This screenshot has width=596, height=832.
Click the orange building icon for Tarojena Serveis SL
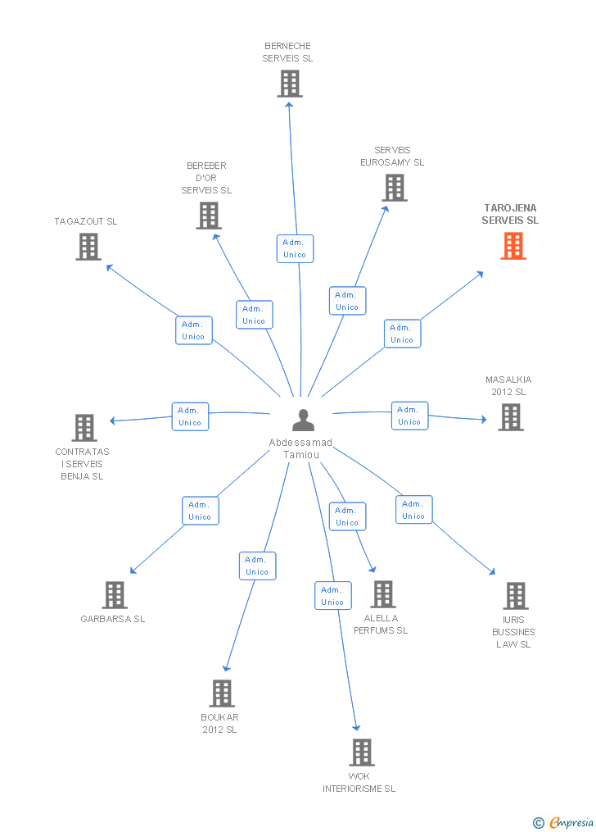pyautogui.click(x=513, y=246)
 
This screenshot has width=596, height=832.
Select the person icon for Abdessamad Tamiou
pyautogui.click(x=303, y=420)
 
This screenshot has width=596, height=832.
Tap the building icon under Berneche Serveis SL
pyautogui.click(x=289, y=84)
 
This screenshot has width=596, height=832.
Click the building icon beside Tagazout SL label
pyautogui.click(x=88, y=247)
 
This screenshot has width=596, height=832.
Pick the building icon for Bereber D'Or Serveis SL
pyautogui.click(x=209, y=216)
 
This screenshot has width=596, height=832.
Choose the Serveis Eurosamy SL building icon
pyautogui.click(x=394, y=188)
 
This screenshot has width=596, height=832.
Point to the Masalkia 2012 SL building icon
pyautogui.click(x=510, y=417)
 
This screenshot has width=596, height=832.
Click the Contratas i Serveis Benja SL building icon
pyautogui.click(x=84, y=428)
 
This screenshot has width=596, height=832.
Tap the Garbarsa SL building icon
pyautogui.click(x=115, y=595)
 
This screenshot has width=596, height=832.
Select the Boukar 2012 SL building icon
pyautogui.click(x=222, y=693)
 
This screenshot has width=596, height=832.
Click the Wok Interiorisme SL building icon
pyautogui.click(x=361, y=752)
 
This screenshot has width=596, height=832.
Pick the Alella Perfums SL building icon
pyautogui.click(x=382, y=594)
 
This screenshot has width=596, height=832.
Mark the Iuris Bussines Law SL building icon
pyautogui.click(x=515, y=596)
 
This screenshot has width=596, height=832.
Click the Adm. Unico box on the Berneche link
pyautogui.click(x=294, y=248)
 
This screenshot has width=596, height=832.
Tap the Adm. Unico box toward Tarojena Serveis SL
pyautogui.click(x=402, y=334)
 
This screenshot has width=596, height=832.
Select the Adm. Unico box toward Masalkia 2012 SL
pyautogui.click(x=409, y=416)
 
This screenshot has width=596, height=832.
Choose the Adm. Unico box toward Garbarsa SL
pyautogui.click(x=200, y=511)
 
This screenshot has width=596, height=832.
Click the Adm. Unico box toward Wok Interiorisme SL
pyautogui.click(x=332, y=596)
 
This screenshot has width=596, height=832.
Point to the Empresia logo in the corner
pyautogui.click(x=564, y=822)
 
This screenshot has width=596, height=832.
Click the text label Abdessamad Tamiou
pyautogui.click(x=303, y=448)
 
